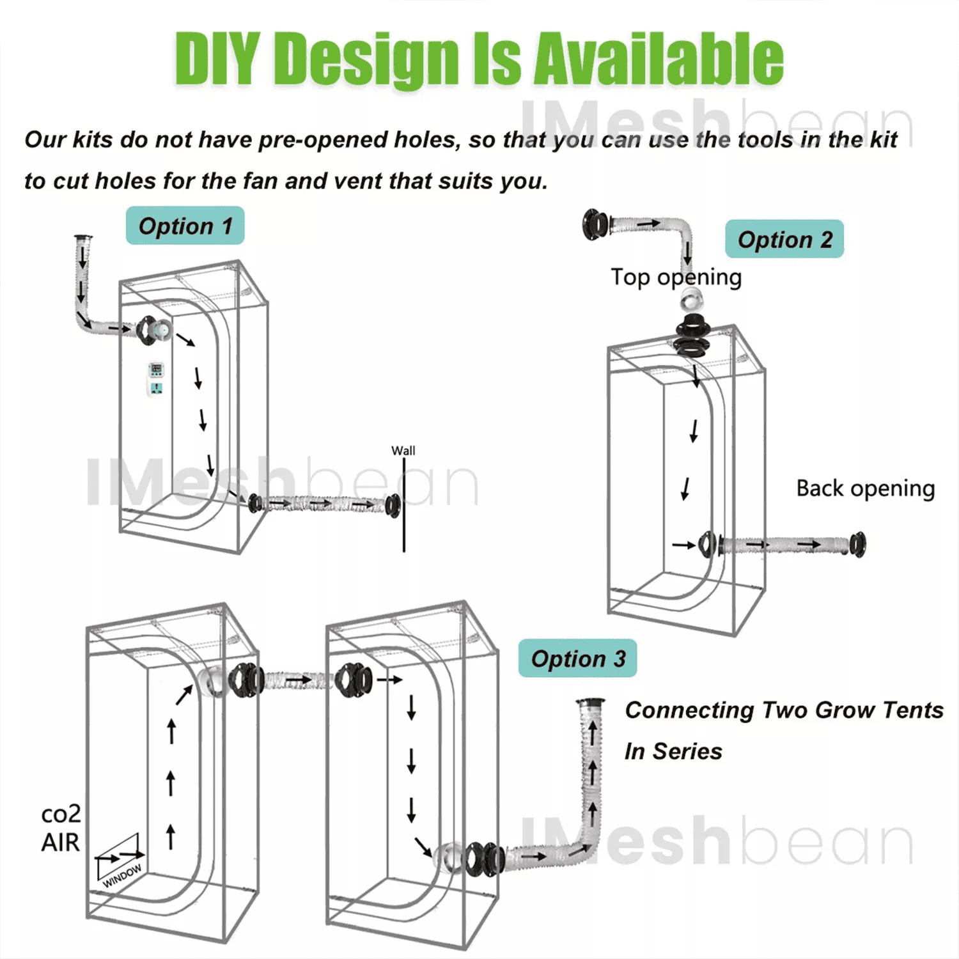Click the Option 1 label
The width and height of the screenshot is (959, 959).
pos(185,226)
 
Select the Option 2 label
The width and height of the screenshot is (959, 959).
pos(784,239)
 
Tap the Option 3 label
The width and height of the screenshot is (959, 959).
pos(578,659)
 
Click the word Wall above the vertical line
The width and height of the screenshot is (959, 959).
pos(403,451)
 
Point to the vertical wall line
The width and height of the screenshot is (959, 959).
pos(404,505)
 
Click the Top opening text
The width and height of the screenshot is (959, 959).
pos(676,277)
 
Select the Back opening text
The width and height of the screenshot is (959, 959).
pos(866,488)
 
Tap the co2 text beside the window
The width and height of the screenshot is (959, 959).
pos(61,814)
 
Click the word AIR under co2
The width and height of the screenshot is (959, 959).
pos(61,843)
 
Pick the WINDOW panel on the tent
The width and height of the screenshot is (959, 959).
pos(119,861)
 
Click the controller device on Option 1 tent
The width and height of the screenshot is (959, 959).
pos(156,379)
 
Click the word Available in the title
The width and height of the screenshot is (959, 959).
pos(659,59)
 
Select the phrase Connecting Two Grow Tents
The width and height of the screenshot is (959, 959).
pos(784,710)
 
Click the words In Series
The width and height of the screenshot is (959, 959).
pos(673,751)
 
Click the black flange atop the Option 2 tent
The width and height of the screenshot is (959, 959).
pos(692,336)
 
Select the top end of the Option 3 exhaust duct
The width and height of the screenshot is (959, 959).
pos(590,702)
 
